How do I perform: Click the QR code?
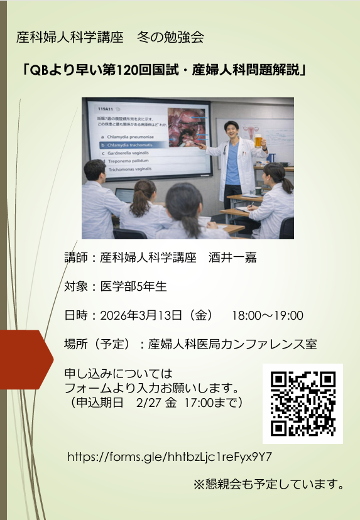coord(303,404)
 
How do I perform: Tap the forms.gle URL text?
coord(169,457)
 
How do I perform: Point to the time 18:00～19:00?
coord(268,315)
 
